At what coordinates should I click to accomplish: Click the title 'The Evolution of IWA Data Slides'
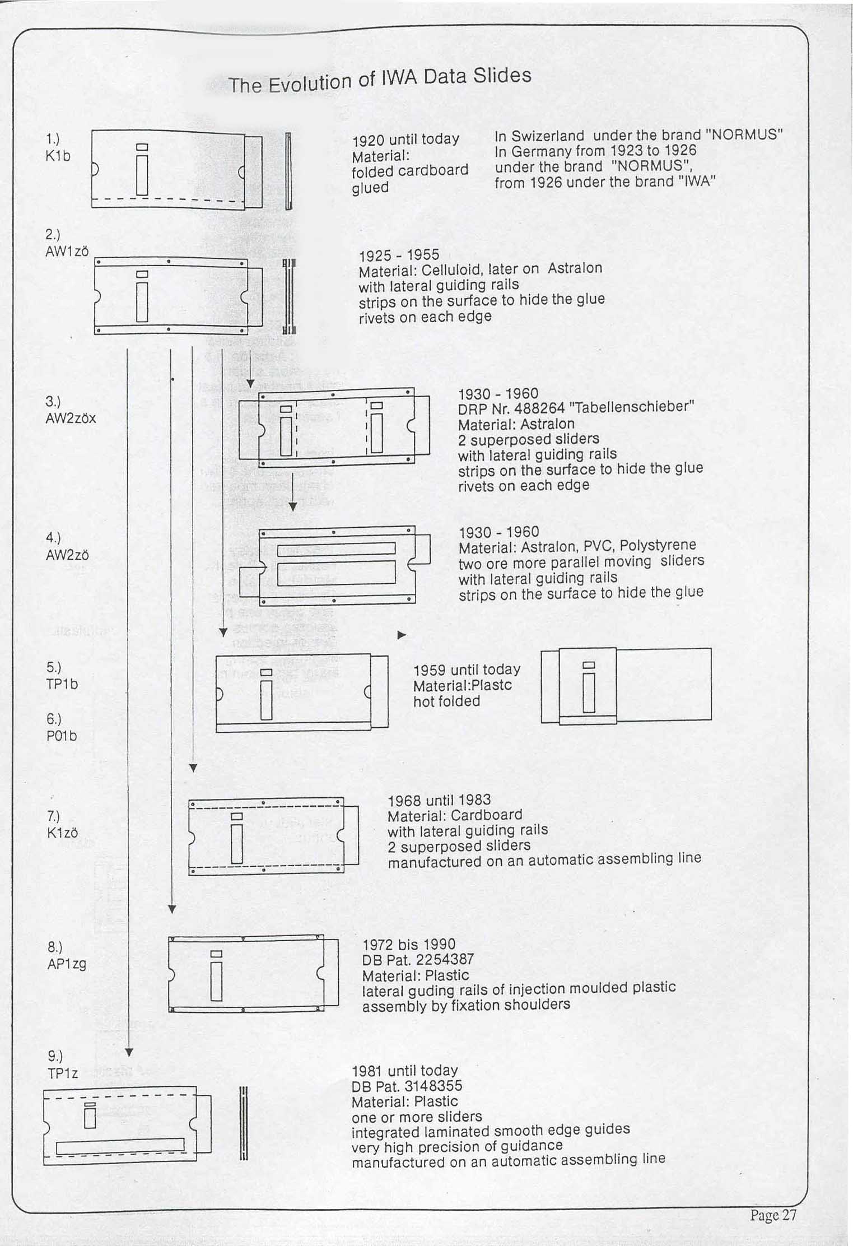(379, 80)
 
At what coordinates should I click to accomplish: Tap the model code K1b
(58, 156)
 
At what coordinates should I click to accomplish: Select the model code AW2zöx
(71, 418)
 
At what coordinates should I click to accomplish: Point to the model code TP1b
(62, 684)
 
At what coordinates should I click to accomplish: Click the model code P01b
(62, 736)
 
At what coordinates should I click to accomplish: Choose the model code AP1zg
(67, 964)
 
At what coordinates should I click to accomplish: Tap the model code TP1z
(63, 1073)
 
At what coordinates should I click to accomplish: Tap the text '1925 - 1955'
(399, 255)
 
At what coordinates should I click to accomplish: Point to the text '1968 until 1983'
(439, 800)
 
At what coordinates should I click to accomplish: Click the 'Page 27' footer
(773, 1214)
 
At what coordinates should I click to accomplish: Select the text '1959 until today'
(467, 670)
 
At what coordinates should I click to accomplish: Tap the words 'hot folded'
(446, 701)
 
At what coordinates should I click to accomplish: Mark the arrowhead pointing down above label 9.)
(128, 1052)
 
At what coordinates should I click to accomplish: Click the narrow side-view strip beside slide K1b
(288, 171)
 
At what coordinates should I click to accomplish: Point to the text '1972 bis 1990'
(409, 945)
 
